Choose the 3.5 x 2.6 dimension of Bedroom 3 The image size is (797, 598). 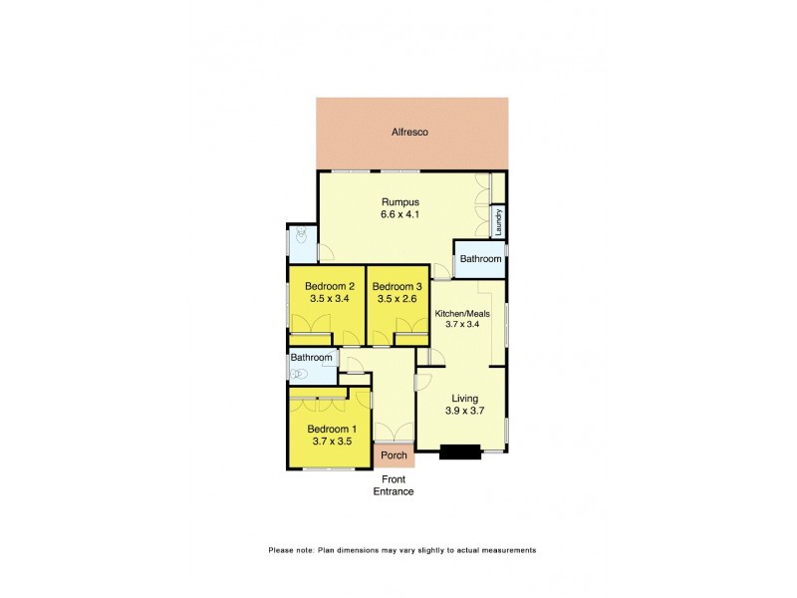coord(398,299)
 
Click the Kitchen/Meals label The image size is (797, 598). coord(462,313)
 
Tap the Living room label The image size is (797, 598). coord(463,396)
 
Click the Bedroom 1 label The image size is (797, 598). coord(330,428)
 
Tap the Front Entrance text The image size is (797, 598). coord(394,485)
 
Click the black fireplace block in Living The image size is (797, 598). coord(460,451)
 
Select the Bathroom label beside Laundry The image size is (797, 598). coord(480,259)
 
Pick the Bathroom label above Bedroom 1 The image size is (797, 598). coord(311,358)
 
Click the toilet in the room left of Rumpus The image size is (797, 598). coord(301,237)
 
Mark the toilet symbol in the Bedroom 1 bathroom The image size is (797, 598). coord(296,374)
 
